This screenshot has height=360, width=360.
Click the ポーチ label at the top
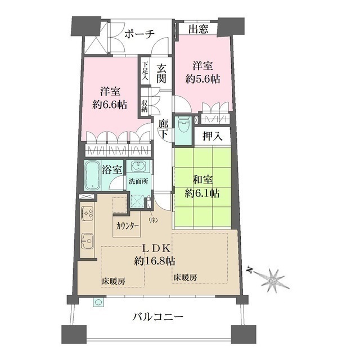click(x=139, y=34)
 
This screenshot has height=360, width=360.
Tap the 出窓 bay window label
click(x=199, y=29)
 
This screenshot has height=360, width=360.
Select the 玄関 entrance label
click(x=161, y=74)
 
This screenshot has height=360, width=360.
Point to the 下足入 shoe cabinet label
click(x=145, y=70)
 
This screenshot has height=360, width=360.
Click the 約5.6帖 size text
click(x=202, y=79)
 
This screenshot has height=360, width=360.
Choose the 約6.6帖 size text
click(x=110, y=105)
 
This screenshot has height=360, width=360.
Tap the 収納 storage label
click(x=145, y=106)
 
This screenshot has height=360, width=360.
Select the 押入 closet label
click(x=213, y=137)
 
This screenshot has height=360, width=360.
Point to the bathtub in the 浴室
click(x=92, y=175)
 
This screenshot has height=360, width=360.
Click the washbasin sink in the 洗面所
click(x=138, y=166)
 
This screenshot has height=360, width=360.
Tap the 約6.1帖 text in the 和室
click(x=202, y=193)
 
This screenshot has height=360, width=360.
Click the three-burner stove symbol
click(x=88, y=213)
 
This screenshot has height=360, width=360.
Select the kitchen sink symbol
click(x=88, y=241)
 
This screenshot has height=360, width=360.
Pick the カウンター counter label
click(x=128, y=226)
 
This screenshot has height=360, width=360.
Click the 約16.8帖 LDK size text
click(x=155, y=261)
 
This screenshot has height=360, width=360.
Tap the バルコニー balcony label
click(x=158, y=317)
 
